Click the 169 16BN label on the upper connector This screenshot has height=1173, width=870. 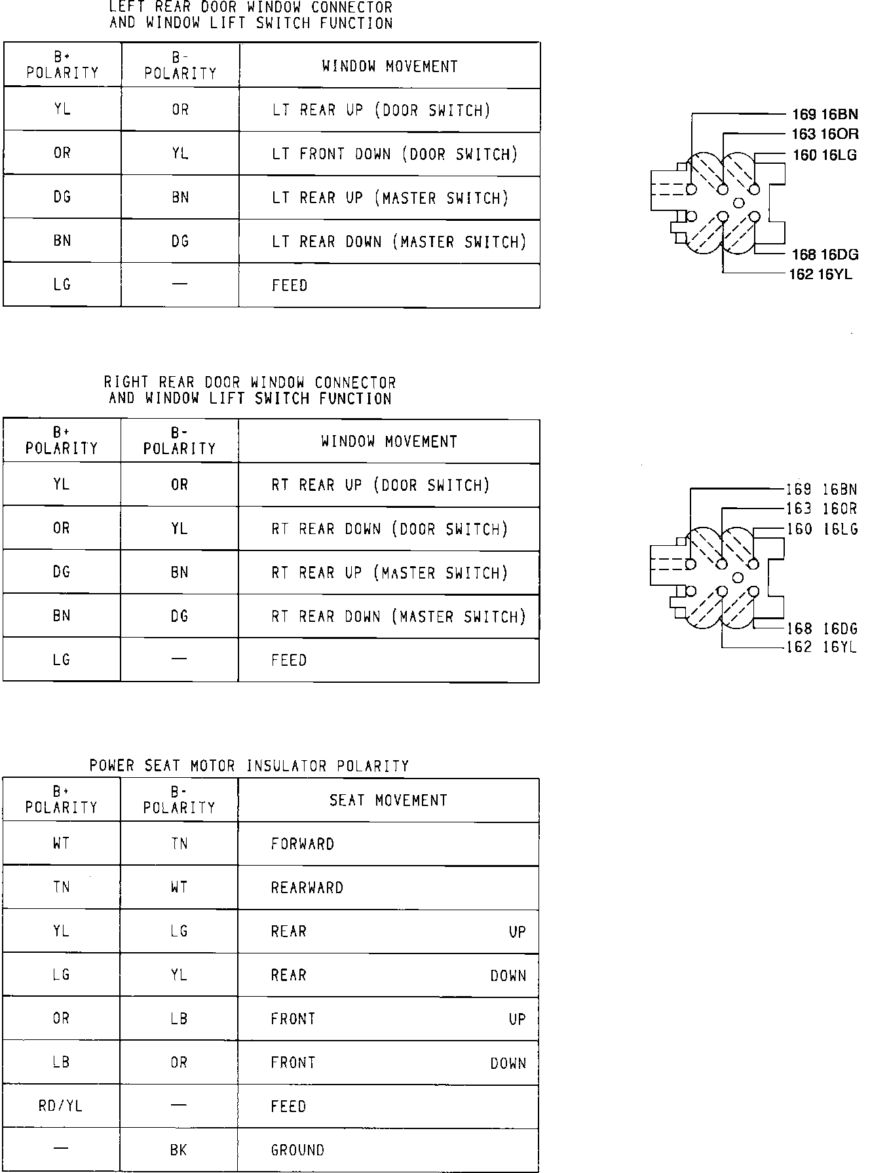824,114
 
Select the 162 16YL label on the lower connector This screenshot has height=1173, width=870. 822,647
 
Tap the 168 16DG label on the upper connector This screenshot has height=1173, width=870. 825,254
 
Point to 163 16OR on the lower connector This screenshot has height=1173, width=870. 822,509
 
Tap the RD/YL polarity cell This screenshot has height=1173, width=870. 61,1106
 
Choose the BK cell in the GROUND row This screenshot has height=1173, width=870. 178,1149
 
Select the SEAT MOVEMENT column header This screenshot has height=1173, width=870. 388,800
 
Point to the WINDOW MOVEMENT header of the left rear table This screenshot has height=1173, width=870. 390,66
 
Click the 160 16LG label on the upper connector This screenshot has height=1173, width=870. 825,155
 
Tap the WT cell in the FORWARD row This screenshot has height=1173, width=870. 61,843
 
